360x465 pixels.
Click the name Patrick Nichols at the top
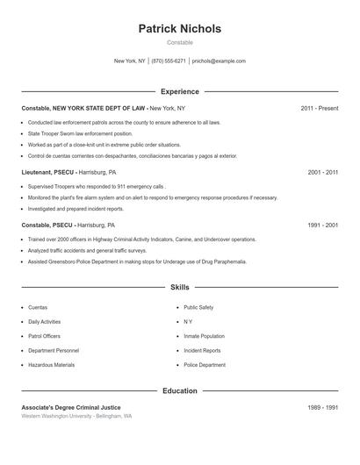180,29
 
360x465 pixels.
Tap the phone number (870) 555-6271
169,61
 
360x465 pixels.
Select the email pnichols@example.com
219,61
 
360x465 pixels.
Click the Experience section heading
180,91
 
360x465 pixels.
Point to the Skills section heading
180,287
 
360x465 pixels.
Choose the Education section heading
180,390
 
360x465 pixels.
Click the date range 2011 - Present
320,108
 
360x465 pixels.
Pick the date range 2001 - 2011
323,173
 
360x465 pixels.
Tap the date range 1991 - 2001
323,225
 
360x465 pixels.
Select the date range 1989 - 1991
323,407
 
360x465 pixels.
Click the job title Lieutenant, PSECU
47,173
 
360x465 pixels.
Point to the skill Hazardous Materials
51,365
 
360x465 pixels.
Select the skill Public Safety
198,308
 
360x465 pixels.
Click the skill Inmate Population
204,336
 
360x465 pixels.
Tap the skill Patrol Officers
45,336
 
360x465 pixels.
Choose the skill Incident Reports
202,351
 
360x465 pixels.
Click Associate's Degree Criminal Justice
71,407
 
